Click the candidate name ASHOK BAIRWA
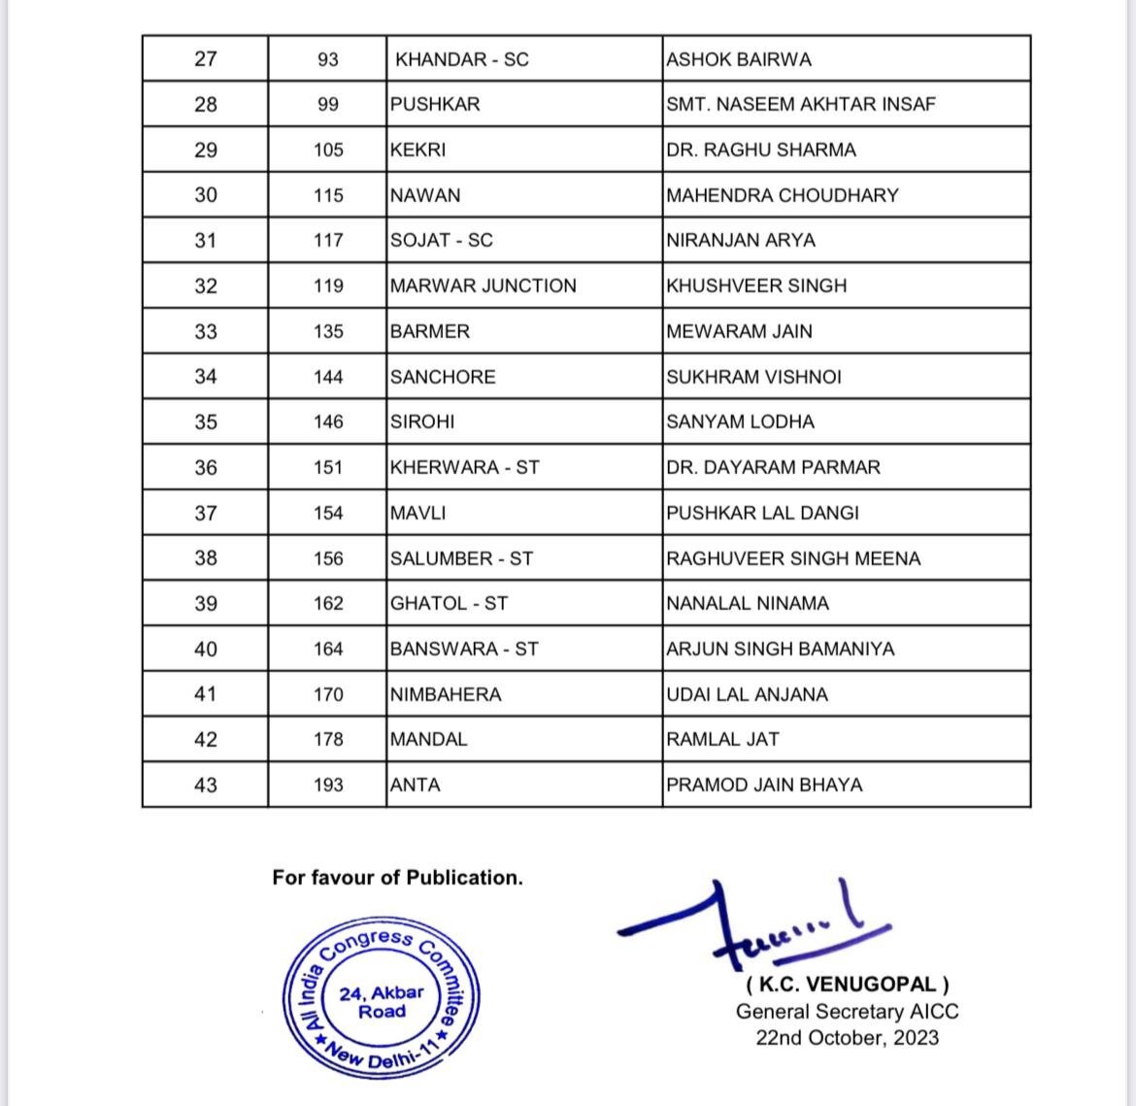[x=739, y=59]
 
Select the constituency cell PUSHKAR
[x=435, y=104]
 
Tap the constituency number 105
[x=328, y=150]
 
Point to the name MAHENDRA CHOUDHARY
[x=783, y=195]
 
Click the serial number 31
[x=206, y=240]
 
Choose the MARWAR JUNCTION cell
[x=484, y=285]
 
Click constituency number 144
[x=328, y=377]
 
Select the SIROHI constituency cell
[x=422, y=421]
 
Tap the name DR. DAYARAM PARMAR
[x=774, y=467]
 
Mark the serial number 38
[x=206, y=558]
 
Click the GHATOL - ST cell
[x=449, y=603]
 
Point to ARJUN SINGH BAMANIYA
[x=781, y=649]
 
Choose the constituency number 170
[x=328, y=694]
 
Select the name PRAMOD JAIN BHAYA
[x=764, y=785]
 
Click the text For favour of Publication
[x=397, y=878]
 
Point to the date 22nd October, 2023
[x=847, y=1037]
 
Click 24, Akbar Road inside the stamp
[x=382, y=1002]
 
